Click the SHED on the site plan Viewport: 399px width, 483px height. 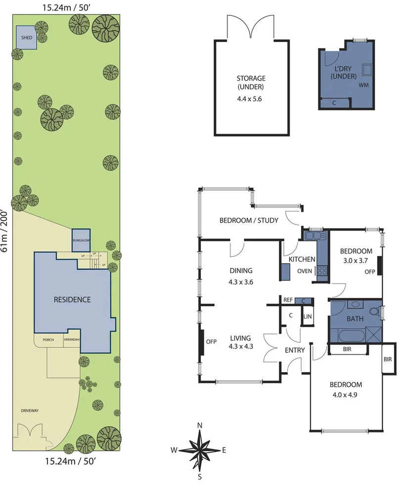point(26,37)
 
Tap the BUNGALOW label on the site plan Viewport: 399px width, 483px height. point(81,240)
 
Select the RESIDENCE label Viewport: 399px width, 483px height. point(72,299)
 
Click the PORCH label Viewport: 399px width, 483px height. point(47,340)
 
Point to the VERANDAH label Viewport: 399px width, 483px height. point(71,340)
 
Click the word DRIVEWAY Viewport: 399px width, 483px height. point(30,411)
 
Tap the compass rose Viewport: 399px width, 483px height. point(199,450)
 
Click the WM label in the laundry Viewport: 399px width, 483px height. point(363,85)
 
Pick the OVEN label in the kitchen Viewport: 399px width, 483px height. point(304,271)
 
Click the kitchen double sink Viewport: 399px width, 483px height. point(312,236)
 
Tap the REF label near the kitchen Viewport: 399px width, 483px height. point(288,300)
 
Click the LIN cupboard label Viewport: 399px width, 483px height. point(307,316)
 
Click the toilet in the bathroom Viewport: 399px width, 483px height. point(378,312)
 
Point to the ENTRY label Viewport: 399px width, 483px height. point(295,350)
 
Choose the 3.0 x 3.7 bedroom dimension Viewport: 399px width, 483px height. point(356,260)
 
